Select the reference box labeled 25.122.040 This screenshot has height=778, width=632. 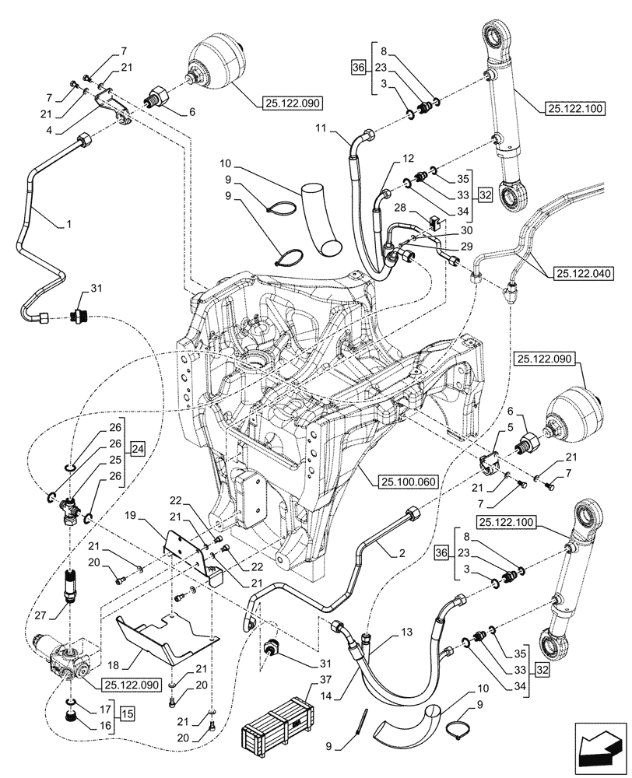(x=584, y=273)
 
